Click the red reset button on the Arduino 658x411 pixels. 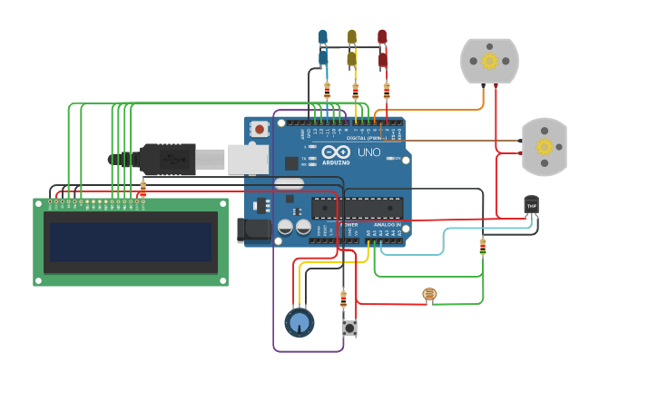click(260, 130)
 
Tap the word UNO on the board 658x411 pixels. click(368, 152)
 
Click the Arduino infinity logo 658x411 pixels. click(337, 152)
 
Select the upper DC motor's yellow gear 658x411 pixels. click(489, 61)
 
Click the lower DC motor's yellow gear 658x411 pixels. click(545, 147)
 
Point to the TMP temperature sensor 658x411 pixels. click(531, 205)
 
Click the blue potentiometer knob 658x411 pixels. click(299, 322)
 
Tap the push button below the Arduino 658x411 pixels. click(349, 328)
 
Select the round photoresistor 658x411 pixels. click(429, 294)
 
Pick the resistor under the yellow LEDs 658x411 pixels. click(355, 91)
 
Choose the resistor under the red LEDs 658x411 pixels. click(387, 91)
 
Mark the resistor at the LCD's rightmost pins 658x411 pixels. click(142, 189)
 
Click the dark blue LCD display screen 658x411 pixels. click(131, 242)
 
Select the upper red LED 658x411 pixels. click(382, 36)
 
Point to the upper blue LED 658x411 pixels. click(322, 36)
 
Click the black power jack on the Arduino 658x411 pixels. click(253, 230)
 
